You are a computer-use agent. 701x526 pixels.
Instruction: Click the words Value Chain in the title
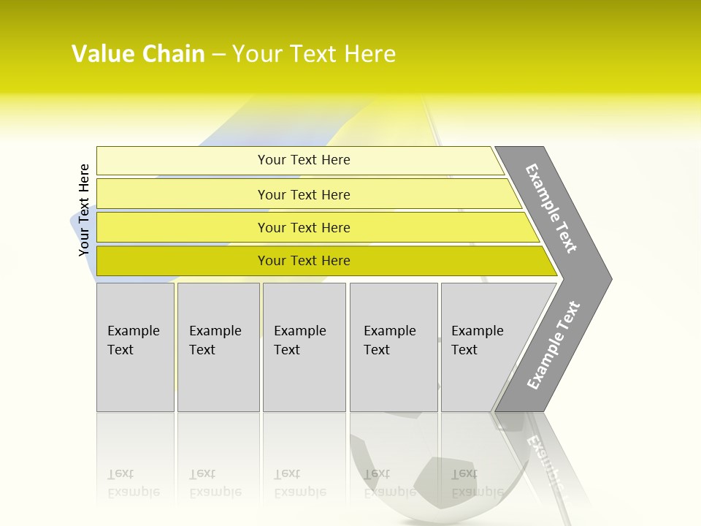click(138, 54)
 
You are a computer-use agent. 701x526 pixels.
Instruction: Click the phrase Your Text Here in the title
click(314, 54)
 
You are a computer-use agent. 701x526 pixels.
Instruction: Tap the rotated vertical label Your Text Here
click(84, 210)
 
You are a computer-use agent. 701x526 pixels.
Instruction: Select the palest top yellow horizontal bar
click(183, 161)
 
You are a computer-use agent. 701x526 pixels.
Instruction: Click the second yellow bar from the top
click(183, 194)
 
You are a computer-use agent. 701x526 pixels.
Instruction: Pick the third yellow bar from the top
click(183, 227)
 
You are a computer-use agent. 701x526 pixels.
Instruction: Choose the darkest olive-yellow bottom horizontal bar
click(183, 261)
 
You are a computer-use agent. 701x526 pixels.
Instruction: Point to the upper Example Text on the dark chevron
click(552, 208)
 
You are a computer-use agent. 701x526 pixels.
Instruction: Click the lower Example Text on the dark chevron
click(553, 345)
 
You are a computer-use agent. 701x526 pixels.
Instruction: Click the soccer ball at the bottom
click(409, 468)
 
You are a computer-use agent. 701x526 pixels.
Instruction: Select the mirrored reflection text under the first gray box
click(134, 483)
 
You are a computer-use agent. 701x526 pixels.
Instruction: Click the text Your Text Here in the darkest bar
click(304, 261)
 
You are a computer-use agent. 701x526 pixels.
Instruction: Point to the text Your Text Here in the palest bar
click(304, 160)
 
